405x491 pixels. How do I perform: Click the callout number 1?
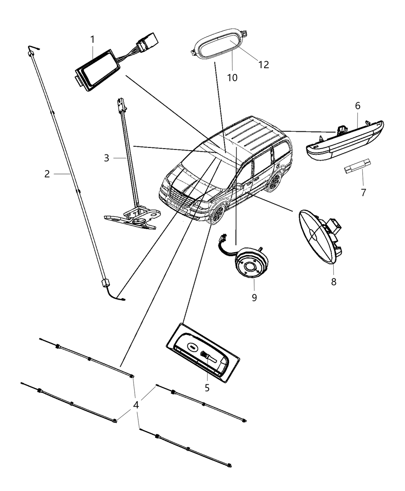[92, 39]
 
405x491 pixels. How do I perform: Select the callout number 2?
[47, 174]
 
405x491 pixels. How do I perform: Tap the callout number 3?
[106, 158]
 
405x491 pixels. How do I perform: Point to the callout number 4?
[135, 405]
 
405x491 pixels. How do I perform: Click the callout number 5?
[207, 388]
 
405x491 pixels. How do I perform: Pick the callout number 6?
[358, 106]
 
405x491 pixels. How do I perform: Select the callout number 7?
[363, 193]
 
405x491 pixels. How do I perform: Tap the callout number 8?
[334, 282]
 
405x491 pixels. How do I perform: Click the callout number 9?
[254, 298]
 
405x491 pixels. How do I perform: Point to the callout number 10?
[232, 77]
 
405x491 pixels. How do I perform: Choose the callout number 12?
[263, 64]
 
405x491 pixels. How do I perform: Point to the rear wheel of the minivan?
[275, 182]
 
